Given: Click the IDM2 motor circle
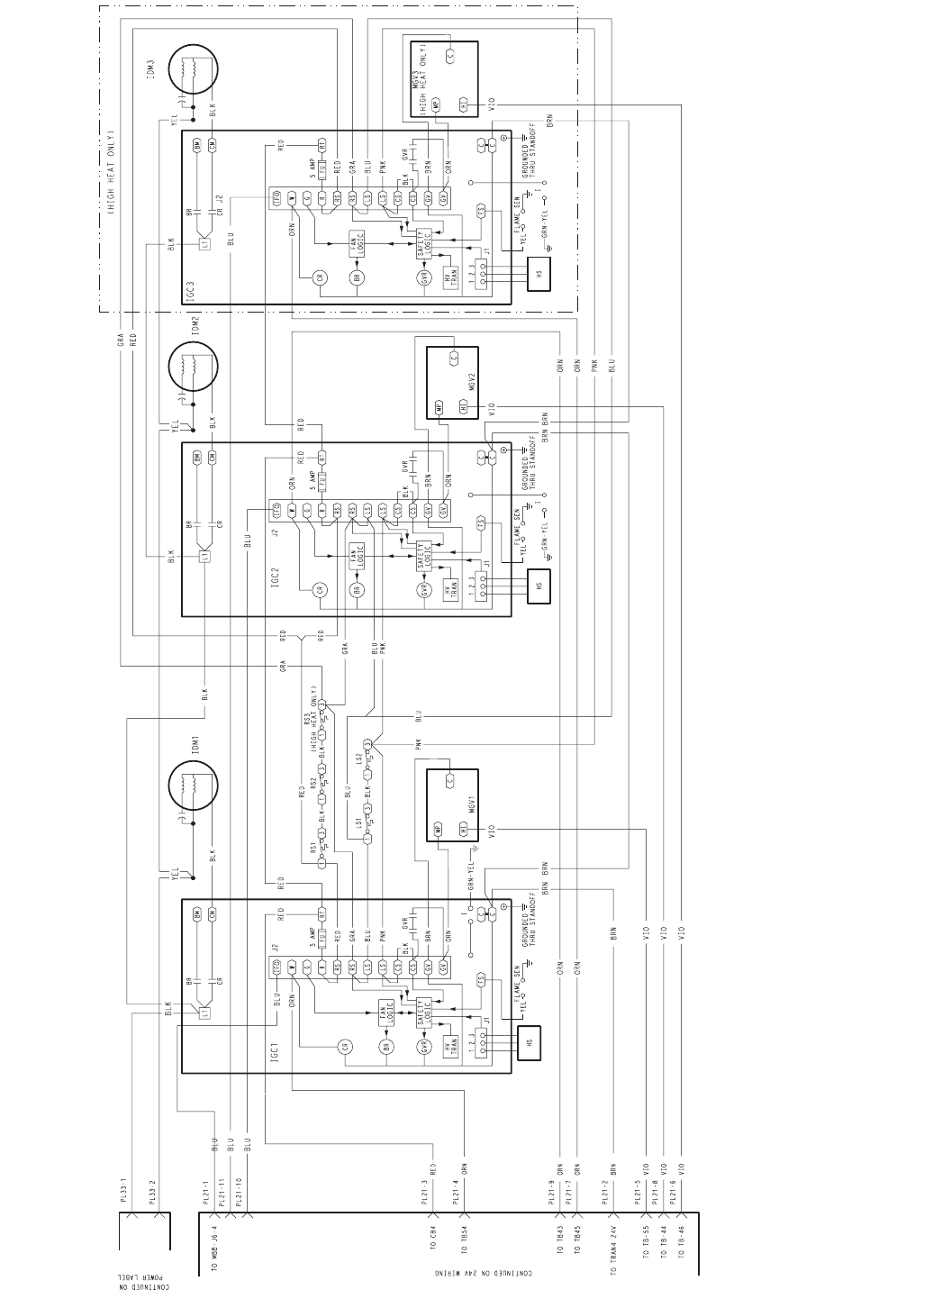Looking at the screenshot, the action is (x=193, y=367).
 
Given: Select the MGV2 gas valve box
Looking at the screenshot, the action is (x=452, y=383).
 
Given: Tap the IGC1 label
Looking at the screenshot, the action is (x=277, y=1052).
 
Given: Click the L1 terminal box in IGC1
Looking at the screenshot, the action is (x=205, y=1013).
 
